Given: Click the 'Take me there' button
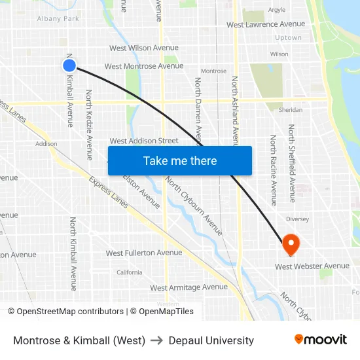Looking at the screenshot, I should (180, 161).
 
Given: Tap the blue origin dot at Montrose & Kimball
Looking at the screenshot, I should (69, 65).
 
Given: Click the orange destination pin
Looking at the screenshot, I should (291, 245).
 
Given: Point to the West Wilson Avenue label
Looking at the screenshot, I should (143, 48).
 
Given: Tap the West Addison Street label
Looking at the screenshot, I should (143, 141).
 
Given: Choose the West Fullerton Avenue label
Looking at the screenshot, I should (143, 253).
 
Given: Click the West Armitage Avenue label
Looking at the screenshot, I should (189, 287).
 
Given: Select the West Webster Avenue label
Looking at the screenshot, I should (312, 266).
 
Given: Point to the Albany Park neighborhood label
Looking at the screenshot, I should (58, 19).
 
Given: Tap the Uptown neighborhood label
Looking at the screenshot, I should (288, 38).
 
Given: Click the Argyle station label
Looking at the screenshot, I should (276, 10).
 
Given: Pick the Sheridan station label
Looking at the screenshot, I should (291, 110).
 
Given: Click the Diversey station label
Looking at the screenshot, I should (297, 219).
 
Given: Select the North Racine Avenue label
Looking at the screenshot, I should (274, 170).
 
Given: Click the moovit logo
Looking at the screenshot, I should (320, 340).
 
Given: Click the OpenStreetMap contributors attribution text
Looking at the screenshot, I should (70, 312).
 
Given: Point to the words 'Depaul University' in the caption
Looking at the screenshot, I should (211, 340).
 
